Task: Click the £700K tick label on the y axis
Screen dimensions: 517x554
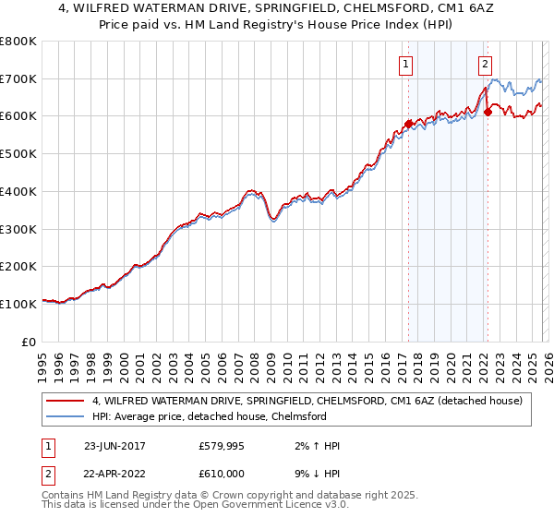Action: click(18, 78)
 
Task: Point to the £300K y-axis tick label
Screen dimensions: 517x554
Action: click(18, 229)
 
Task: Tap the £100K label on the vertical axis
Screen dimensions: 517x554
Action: click(18, 304)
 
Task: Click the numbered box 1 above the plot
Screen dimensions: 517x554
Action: click(406, 64)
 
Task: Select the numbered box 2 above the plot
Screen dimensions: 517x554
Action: click(486, 64)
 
